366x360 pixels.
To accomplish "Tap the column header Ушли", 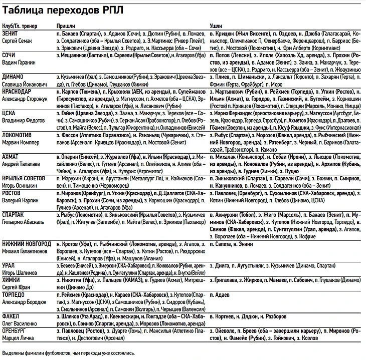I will point(216,26).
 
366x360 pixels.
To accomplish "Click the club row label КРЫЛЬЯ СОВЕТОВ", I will point(25,178).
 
